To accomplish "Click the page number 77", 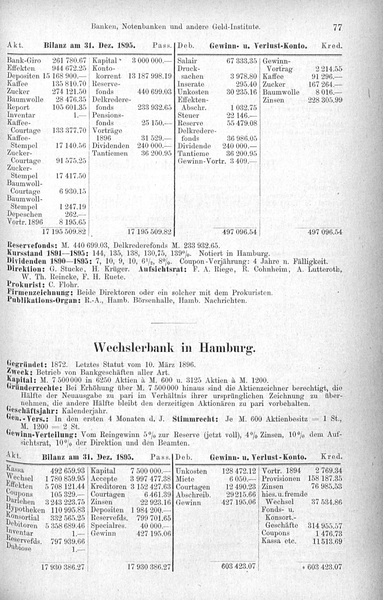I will point(337,28).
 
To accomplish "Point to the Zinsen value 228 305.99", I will point(325,100).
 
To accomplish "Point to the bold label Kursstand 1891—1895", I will point(38,253).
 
